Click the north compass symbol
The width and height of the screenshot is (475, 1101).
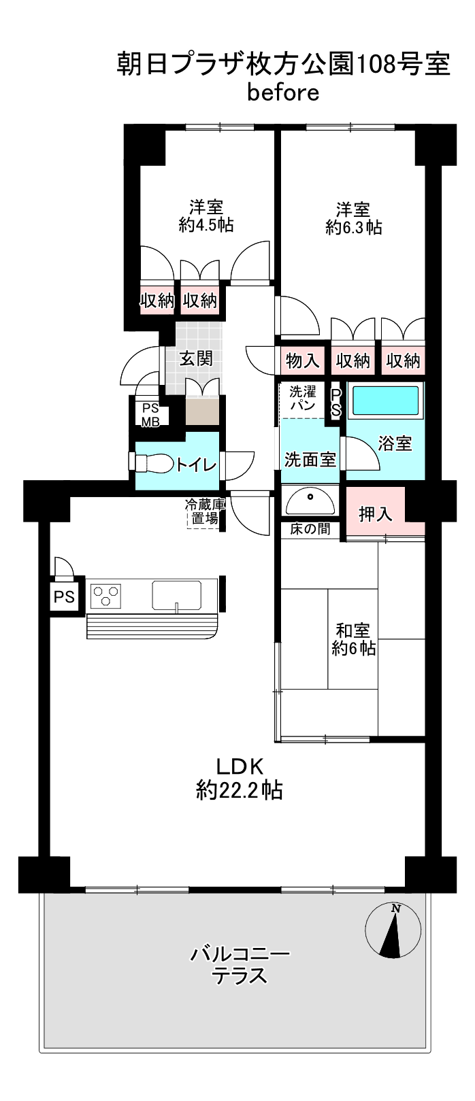(393, 932)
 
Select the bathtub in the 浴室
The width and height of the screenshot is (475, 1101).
(385, 400)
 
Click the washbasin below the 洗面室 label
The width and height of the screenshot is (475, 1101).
(310, 503)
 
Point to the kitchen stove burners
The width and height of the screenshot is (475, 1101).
(105, 596)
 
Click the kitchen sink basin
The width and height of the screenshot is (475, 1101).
(176, 595)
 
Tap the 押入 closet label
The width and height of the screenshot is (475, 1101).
(376, 513)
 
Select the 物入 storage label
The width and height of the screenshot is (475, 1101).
(302, 360)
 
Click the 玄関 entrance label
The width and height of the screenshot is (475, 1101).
(196, 358)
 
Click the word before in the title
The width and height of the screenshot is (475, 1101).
(283, 93)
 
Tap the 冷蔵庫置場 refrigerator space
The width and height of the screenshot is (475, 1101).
(203, 512)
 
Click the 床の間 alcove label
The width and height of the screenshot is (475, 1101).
(310, 528)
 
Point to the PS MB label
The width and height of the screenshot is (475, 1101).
(150, 415)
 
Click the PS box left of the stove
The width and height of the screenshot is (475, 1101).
(64, 596)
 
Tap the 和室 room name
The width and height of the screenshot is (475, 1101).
(353, 629)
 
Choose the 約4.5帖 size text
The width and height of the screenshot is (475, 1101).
(206, 225)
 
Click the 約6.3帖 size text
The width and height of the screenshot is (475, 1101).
(353, 226)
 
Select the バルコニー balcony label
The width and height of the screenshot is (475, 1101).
(240, 953)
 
